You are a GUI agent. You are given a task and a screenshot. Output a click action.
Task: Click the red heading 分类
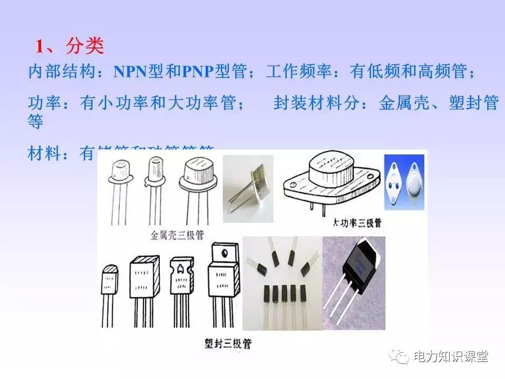[85, 46]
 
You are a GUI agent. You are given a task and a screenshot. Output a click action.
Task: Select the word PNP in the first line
[198, 72]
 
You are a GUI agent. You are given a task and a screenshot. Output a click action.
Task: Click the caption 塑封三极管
[228, 344]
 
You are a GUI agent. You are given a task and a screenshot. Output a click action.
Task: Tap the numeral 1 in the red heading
[39, 47]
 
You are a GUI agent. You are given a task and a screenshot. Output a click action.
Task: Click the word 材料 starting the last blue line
[44, 154]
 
